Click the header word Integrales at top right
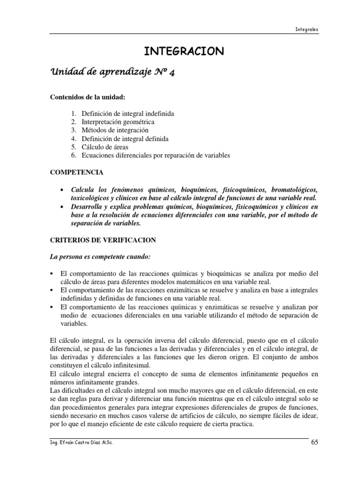point(307,29)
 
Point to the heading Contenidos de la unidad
point(88,97)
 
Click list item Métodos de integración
point(115,130)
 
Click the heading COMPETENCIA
point(76,172)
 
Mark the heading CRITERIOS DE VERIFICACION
point(103,240)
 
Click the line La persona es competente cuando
point(101,257)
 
